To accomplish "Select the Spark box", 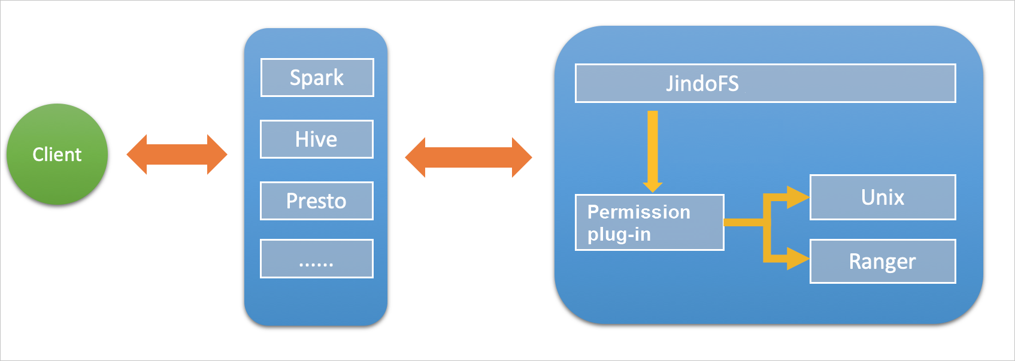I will (x=317, y=77).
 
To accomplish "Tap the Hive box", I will (x=316, y=139).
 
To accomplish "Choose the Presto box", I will (x=316, y=201).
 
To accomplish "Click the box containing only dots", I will (x=316, y=259).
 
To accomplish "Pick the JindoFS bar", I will (x=765, y=83).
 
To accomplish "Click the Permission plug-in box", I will (x=649, y=222).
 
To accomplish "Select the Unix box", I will (x=882, y=197).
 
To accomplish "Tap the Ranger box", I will (x=882, y=261).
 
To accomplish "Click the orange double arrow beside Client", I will (x=177, y=154).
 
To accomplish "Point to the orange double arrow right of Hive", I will (x=468, y=157).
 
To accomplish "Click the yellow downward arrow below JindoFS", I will (x=652, y=150).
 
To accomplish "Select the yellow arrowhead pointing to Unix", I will (x=798, y=197).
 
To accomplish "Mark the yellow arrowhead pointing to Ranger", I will (x=798, y=259).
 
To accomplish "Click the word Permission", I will (x=638, y=212).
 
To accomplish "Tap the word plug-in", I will (x=619, y=234).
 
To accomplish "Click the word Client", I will (x=57, y=154).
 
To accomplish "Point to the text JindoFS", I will (x=702, y=83).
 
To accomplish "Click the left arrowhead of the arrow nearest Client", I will (x=137, y=154).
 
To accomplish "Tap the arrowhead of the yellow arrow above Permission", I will (x=652, y=186).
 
